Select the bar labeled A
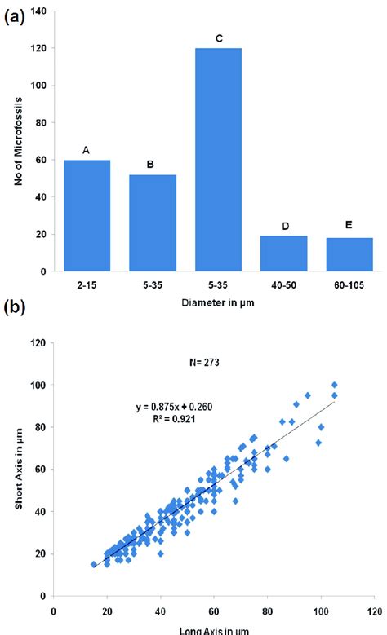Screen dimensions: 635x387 (x=87, y=215)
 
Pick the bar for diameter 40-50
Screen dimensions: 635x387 (x=283, y=254)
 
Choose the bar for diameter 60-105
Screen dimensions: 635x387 (x=349, y=254)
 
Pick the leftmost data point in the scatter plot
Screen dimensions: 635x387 (x=94, y=564)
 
